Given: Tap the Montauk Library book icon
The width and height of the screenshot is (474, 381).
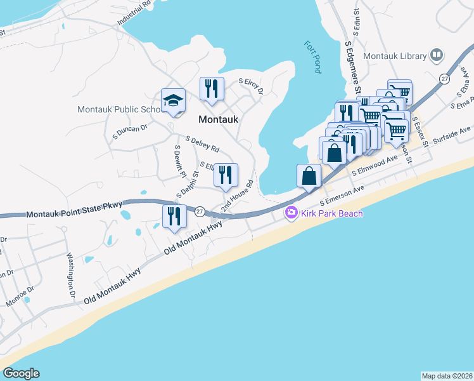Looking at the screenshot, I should [x=436, y=56].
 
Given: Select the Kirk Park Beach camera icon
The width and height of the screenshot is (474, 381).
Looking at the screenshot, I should [x=291, y=213].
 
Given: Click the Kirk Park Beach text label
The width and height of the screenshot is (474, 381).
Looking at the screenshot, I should [x=331, y=213].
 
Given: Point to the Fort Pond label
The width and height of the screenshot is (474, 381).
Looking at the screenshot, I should [x=311, y=57].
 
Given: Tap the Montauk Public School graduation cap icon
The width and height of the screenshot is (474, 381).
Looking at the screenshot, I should [x=173, y=100].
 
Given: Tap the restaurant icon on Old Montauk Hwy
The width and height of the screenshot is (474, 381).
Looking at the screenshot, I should [x=174, y=216].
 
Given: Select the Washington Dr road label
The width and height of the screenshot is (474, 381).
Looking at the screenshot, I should [x=71, y=277].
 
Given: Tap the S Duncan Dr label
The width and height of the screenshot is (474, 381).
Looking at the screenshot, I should [x=129, y=131].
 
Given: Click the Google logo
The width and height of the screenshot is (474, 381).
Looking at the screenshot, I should [x=21, y=373].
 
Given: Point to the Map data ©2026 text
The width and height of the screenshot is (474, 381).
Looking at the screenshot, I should [x=447, y=376].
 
